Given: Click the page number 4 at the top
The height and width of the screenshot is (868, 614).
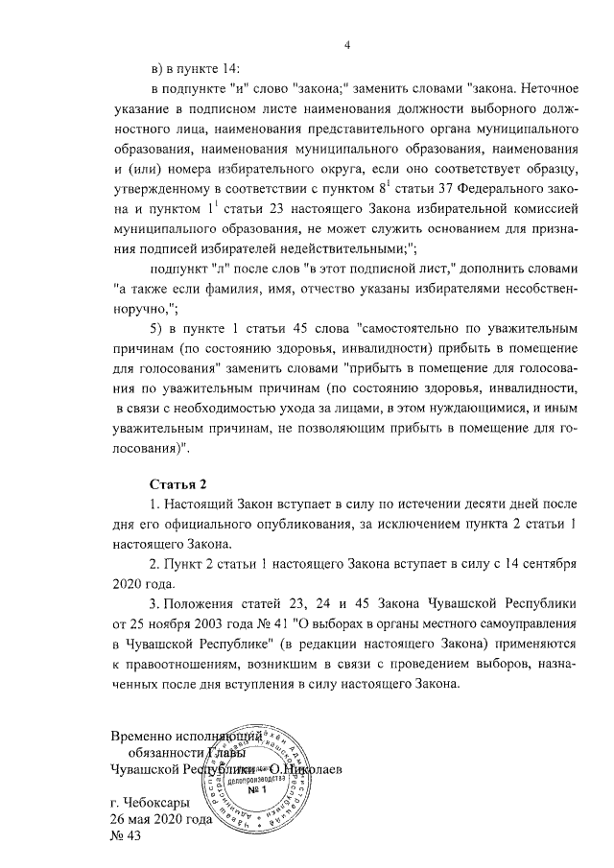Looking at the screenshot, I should (348, 45).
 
